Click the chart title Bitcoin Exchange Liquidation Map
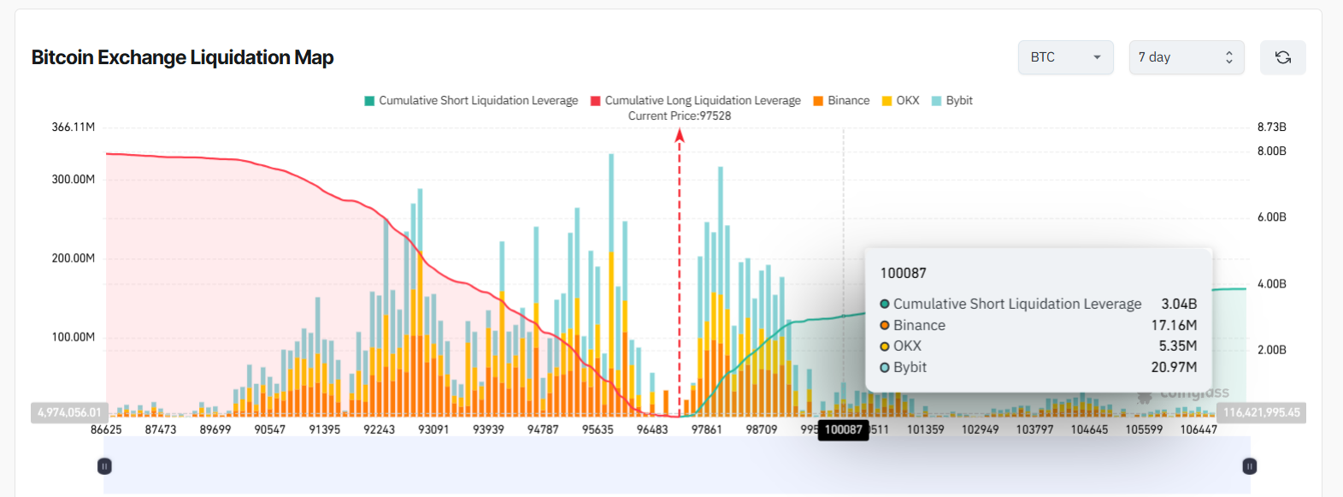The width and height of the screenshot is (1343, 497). tap(182, 57)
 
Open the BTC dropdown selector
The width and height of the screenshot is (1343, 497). tap(1065, 57)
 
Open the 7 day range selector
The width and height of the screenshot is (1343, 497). tap(1186, 57)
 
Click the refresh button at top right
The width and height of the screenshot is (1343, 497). tap(1282, 57)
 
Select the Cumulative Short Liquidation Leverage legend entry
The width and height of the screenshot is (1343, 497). tap(471, 101)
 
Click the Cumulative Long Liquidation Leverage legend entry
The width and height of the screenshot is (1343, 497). tap(696, 101)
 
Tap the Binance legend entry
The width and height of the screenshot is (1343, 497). tap(841, 101)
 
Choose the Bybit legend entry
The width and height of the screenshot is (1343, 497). tap(952, 101)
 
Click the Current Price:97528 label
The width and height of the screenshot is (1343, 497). tap(680, 116)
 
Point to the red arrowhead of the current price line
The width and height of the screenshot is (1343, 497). tap(680, 134)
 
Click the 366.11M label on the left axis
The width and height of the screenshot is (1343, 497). tap(74, 127)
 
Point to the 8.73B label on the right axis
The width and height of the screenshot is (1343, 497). tap(1271, 127)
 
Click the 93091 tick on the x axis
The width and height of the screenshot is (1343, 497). tap(433, 429)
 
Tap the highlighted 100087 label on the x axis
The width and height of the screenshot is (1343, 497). tap(844, 429)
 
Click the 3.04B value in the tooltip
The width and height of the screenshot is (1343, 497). tap(1179, 305)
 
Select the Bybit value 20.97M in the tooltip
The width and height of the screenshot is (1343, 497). tap(1174, 368)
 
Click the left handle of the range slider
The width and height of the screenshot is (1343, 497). tap(104, 466)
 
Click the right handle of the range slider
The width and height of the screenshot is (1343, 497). tap(1249, 466)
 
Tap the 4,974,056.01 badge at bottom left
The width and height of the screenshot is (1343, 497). tap(69, 413)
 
